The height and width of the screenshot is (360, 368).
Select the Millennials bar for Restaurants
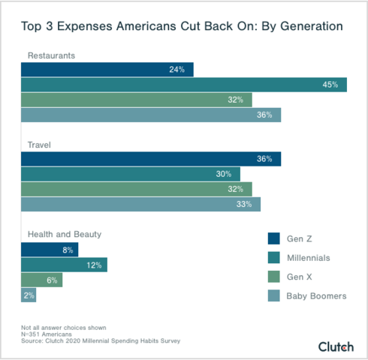tap(183, 85)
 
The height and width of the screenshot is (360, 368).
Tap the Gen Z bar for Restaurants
tap(107, 70)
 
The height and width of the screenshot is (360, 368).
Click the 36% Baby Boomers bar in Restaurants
tap(150, 115)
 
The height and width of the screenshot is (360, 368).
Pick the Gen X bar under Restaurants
tap(136, 100)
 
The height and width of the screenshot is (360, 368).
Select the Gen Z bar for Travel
tap(150, 159)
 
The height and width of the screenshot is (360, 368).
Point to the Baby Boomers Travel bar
tap(140, 204)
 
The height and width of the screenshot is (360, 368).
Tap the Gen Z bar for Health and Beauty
tap(50, 250)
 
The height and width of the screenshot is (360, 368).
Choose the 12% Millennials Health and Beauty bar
tap(64, 265)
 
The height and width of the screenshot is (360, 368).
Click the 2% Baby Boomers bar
tap(29, 295)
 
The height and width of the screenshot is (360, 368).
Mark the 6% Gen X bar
tap(41, 280)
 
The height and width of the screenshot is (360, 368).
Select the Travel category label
tap(38, 143)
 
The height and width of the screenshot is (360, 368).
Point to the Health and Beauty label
tap(64, 234)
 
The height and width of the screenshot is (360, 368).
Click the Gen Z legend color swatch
tap(274, 238)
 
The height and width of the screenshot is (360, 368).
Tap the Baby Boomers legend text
tap(316, 296)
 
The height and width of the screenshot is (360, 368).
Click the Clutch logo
tap(335, 346)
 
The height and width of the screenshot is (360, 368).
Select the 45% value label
tap(329, 85)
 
